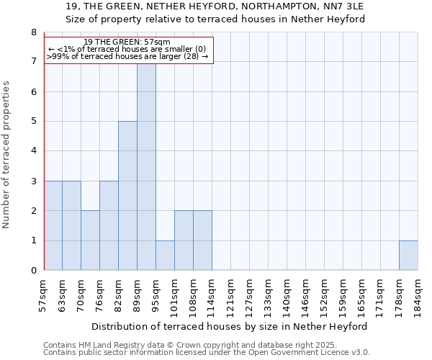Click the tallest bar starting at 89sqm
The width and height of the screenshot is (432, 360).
(x=146, y=167)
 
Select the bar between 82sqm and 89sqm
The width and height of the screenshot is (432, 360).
(x=127, y=196)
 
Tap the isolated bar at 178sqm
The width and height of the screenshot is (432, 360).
(x=408, y=256)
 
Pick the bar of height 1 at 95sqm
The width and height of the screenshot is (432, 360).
(x=165, y=256)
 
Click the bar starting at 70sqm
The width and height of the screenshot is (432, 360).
(x=90, y=240)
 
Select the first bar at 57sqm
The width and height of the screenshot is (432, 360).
(x=53, y=225)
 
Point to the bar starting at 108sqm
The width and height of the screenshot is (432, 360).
(x=202, y=240)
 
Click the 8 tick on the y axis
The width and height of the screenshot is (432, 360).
(x=33, y=32)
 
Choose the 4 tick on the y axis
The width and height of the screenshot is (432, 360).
(x=33, y=151)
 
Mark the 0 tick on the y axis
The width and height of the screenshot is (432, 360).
(x=33, y=271)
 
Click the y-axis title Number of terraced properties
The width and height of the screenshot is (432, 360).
(x=7, y=154)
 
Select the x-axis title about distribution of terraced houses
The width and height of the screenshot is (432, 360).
(x=230, y=326)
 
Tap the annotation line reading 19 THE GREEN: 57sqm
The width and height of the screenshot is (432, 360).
(x=127, y=42)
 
